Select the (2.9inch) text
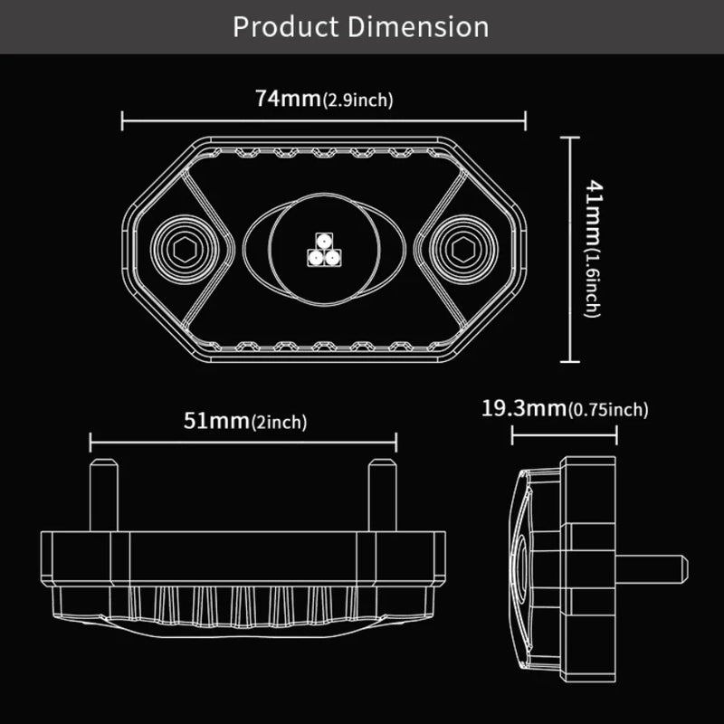[357, 100]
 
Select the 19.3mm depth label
[523, 409]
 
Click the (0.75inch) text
[607, 411]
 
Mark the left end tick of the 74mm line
[122, 119]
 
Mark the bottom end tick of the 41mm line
[569, 363]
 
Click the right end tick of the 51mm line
[396, 442]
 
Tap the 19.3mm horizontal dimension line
[564, 435]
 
